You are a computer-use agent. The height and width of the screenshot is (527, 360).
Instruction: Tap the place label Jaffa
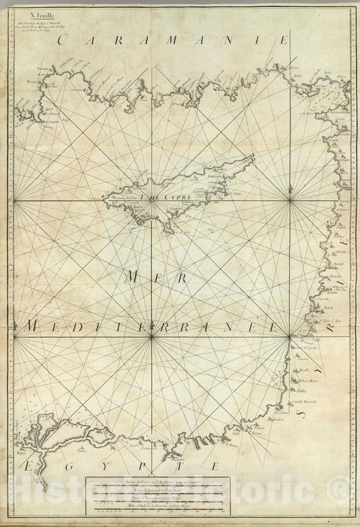pos(301,391)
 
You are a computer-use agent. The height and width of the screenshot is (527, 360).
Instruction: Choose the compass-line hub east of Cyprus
pos(290,200)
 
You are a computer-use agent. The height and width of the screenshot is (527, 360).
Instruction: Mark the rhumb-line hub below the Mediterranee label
pos(151,336)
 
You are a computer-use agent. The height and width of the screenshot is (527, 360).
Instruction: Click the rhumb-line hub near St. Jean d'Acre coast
pos(290,336)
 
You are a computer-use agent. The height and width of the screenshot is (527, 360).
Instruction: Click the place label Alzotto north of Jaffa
pos(304,370)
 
